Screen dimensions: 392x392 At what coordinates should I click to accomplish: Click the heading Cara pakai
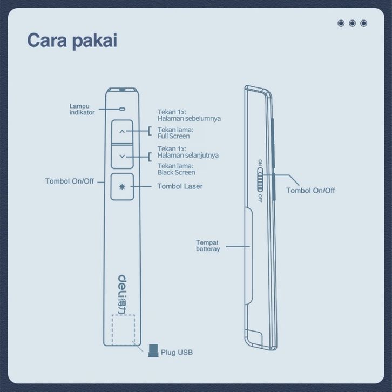click(x=72, y=41)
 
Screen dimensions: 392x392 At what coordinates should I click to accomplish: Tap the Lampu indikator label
click(x=82, y=109)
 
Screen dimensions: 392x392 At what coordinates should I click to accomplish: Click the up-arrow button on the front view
click(x=122, y=131)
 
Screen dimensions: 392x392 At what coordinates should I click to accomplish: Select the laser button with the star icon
click(x=122, y=186)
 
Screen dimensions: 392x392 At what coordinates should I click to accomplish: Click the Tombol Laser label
click(x=180, y=186)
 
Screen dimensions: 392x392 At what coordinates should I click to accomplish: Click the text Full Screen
click(x=173, y=136)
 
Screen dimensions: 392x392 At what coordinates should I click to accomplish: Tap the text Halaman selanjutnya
click(x=188, y=155)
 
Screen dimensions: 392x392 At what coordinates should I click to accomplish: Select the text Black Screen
click(x=176, y=172)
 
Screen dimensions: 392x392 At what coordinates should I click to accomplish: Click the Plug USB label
click(x=177, y=353)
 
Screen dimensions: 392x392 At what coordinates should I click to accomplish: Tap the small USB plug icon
click(x=153, y=350)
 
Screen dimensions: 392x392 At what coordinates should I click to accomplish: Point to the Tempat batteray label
click(x=208, y=246)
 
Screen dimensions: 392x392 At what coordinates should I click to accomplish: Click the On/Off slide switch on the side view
click(x=260, y=180)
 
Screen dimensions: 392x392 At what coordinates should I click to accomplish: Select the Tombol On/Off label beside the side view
click(x=310, y=191)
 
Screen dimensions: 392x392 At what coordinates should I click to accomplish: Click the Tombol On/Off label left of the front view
click(x=69, y=181)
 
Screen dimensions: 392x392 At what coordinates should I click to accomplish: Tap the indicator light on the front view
click(x=122, y=109)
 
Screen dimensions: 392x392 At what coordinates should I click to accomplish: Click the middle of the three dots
click(x=352, y=23)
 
